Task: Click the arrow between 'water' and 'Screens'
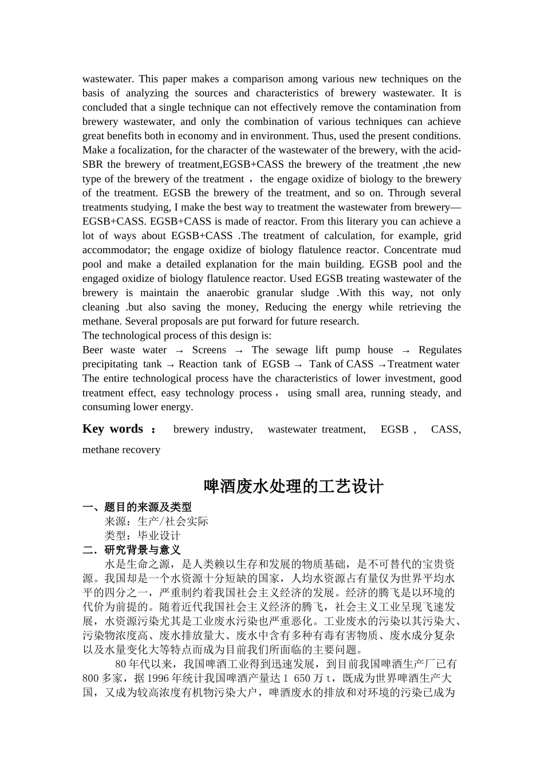tap(179, 351)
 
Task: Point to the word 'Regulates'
tap(440, 350)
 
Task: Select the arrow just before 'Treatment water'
tap(382, 365)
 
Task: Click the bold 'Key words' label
tap(113, 429)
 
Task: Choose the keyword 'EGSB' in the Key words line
tap(395, 430)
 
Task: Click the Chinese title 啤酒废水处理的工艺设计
tap(294, 487)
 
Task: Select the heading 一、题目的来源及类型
tap(137, 507)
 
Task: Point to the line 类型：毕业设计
tap(143, 536)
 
